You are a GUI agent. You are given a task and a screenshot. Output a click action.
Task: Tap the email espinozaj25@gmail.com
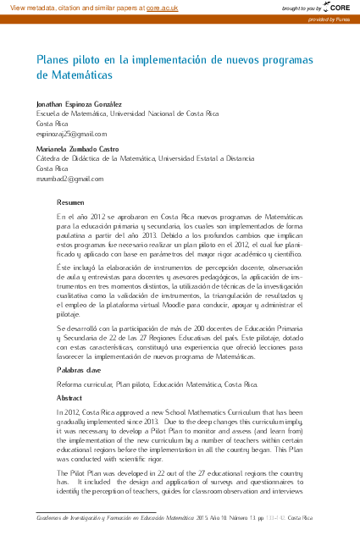pos(71,133)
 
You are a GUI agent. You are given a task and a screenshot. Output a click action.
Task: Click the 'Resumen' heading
pos(70,202)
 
